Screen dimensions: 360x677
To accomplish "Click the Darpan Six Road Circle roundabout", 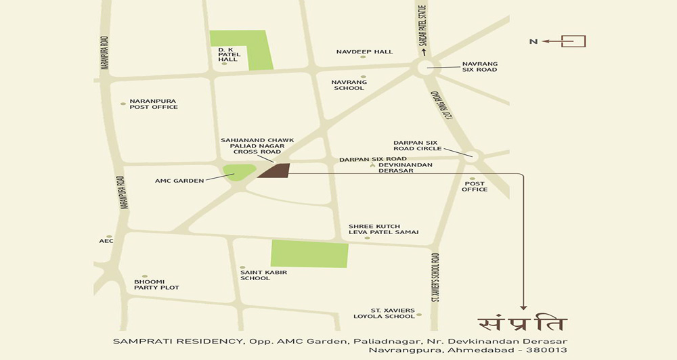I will pos(472,156).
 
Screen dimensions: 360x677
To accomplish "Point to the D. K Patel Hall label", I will pos(227,55).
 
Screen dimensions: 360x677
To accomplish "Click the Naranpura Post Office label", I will pos(154,104).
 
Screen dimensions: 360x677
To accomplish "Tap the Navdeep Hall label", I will pos(364,51).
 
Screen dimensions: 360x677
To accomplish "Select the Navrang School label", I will pos(349,85).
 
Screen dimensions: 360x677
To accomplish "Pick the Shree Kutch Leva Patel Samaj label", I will pos(383,229).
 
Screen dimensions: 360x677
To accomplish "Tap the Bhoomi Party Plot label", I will pos(156,284).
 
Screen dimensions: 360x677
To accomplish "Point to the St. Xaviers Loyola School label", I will pos(384,313).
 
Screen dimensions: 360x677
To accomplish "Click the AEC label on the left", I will pos(106,241).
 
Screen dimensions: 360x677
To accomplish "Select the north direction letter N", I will pos(533,42).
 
